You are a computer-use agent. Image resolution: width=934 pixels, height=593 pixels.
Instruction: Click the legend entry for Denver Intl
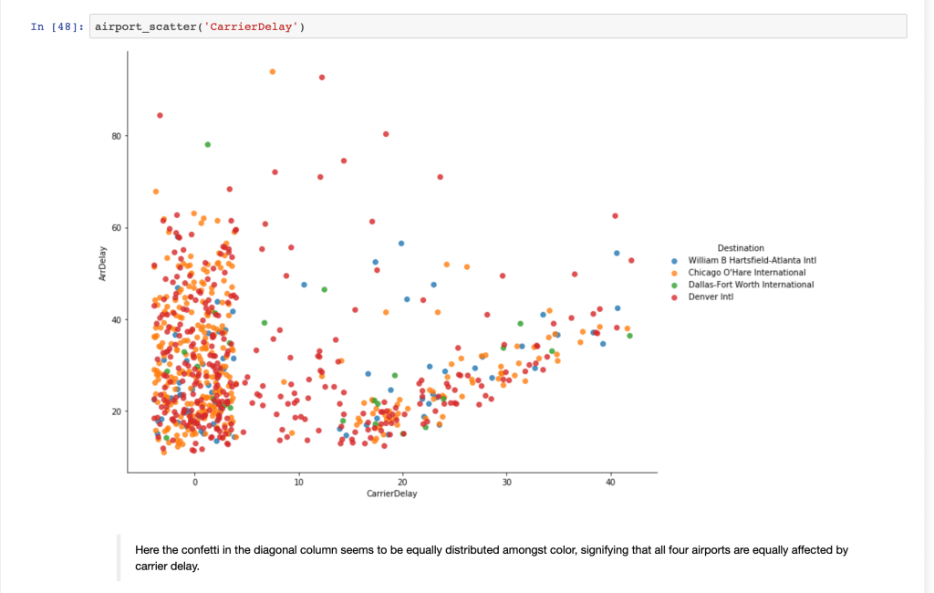click(x=711, y=296)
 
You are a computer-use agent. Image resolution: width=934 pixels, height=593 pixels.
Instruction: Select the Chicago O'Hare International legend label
click(x=746, y=272)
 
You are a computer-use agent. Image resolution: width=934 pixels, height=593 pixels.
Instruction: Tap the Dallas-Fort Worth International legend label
click(x=751, y=284)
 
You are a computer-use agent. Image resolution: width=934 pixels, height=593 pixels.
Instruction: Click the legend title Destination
click(x=741, y=248)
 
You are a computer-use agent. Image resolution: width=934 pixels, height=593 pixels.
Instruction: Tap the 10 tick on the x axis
click(x=298, y=482)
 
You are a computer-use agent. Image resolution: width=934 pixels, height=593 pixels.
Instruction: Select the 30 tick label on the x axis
click(x=506, y=482)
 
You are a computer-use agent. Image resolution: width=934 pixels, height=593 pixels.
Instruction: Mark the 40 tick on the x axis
click(x=610, y=482)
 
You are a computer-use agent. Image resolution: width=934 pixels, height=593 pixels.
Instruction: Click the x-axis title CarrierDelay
click(x=391, y=494)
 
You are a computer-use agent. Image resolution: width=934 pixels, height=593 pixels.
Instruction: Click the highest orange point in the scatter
click(x=272, y=71)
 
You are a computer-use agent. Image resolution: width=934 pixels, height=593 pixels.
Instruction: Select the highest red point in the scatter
click(x=322, y=77)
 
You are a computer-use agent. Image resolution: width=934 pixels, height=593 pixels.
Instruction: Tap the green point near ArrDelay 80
click(x=208, y=144)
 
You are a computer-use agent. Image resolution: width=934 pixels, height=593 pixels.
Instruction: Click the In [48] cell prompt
click(x=57, y=26)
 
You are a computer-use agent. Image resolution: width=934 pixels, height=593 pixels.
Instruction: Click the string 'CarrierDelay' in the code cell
click(x=253, y=26)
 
